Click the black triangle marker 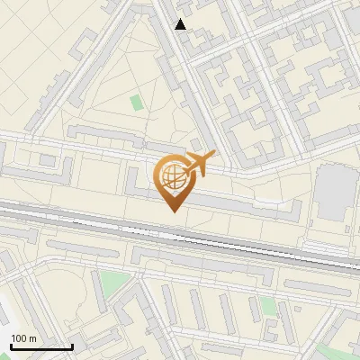pos(181,24)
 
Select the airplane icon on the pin pos(197,164)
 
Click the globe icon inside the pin pos(173,176)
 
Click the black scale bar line pos(41,347)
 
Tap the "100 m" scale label pos(22,338)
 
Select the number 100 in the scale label pos(19,338)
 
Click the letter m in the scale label pos(32,338)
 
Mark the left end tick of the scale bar pos(11,346)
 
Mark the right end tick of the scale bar pos(72,346)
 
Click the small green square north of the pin pos(136,103)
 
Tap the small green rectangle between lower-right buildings pos(268,306)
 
